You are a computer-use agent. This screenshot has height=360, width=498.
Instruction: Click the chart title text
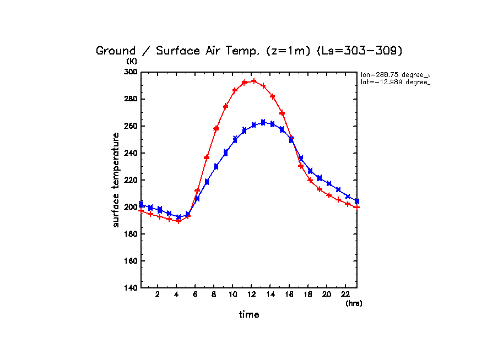pos(249,51)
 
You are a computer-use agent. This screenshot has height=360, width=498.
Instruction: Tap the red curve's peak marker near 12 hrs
pos(253,81)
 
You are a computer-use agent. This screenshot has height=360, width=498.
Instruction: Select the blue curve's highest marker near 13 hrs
pos(263,122)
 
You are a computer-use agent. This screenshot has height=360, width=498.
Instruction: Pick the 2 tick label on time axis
pos(158,294)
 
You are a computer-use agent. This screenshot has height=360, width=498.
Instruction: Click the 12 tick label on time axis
pos(252,294)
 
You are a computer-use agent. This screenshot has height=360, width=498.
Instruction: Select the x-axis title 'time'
pos(249,315)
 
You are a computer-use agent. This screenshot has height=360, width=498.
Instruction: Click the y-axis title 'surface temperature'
pos(116,180)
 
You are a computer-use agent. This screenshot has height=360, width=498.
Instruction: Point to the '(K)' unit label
pos(132,62)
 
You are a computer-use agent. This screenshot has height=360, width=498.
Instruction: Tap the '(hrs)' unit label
pos(354,303)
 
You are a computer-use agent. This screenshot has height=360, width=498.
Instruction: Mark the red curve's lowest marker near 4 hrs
pos(178,221)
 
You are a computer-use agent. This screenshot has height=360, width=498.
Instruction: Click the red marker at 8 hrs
pos(216,129)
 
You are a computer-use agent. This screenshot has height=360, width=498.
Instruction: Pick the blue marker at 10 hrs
pos(235,139)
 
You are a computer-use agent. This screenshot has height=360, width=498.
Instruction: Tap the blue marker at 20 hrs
pos(329,183)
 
